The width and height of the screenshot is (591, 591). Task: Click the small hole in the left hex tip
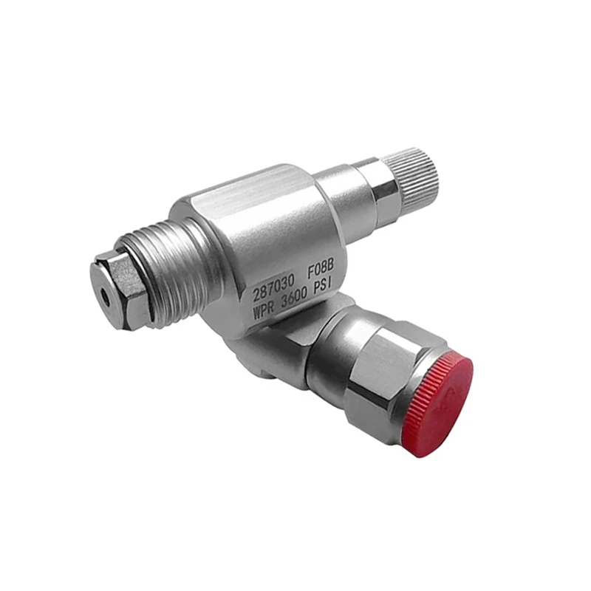pos(107,294)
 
